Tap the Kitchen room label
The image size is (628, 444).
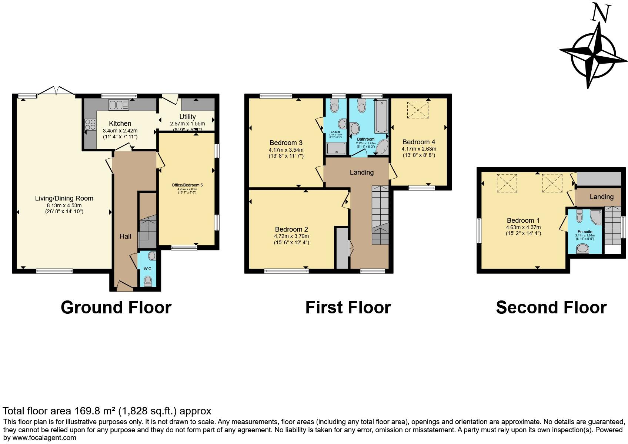[120, 124]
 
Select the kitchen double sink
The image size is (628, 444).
[118, 105]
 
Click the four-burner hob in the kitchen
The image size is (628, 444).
[90, 124]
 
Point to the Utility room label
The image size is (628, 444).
[187, 117]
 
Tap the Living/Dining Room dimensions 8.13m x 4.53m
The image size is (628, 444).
[64, 205]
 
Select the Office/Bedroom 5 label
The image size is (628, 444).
[187, 185]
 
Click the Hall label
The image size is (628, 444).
[125, 236]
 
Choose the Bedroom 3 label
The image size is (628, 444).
[286, 143]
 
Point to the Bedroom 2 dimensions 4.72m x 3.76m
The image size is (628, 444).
[291, 236]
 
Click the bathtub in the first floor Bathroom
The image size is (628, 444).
[381, 116]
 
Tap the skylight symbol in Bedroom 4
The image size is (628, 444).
[417, 110]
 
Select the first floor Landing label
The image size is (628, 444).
[362, 172]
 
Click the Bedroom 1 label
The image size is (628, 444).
[520, 221]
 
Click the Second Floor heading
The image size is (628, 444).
[551, 307]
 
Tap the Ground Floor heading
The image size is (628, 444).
[116, 307]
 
